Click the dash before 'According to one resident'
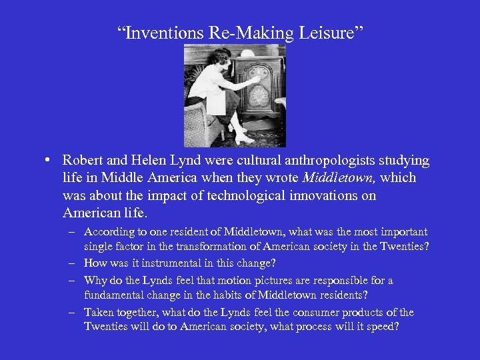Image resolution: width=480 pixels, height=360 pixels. click(71, 232)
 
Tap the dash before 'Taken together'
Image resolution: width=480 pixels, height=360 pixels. click(71, 312)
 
